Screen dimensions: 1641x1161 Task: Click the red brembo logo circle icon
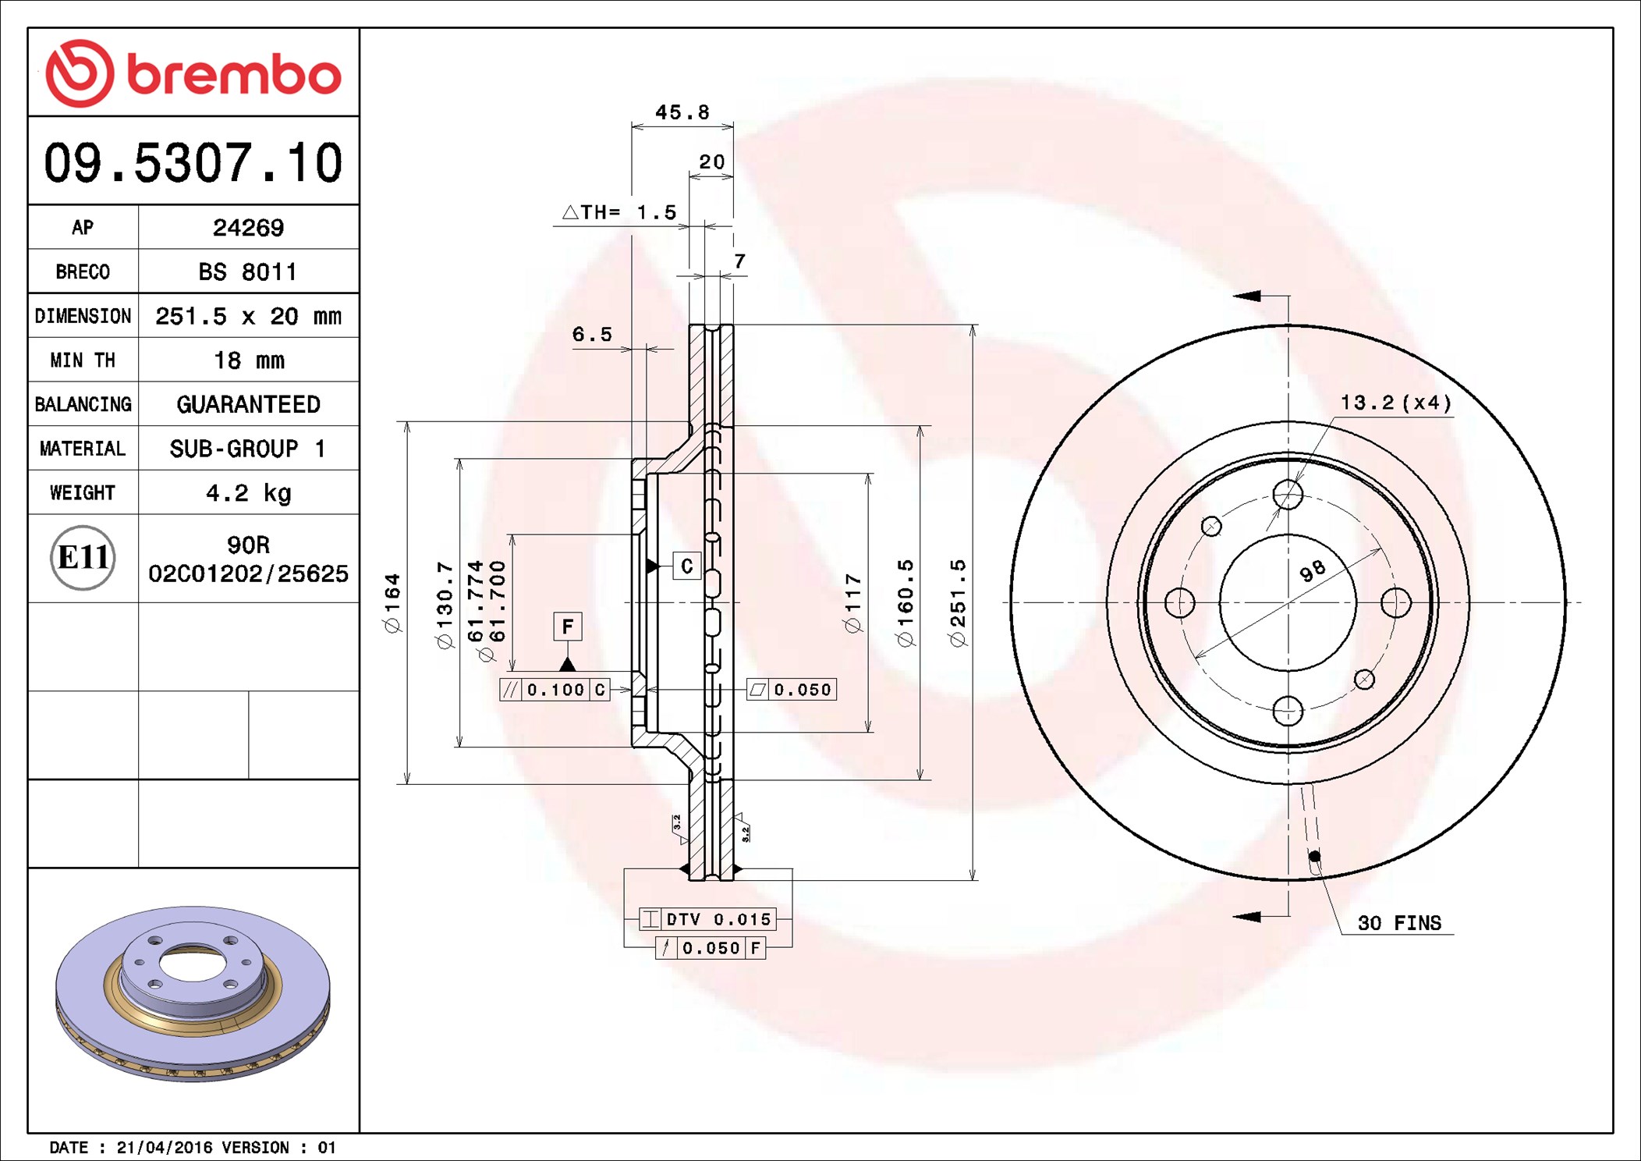click(x=80, y=73)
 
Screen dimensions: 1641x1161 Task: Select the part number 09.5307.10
click(x=193, y=163)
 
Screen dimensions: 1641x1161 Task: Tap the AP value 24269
click(x=248, y=228)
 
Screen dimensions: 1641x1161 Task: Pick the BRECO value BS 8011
click(x=248, y=272)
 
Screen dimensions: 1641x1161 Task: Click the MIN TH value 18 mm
click(x=249, y=360)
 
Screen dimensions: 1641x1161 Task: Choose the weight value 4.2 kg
click(x=249, y=493)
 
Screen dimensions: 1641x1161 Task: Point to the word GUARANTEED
click(x=248, y=404)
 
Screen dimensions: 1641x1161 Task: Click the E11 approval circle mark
click(x=83, y=558)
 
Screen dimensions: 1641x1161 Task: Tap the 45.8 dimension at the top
click(x=682, y=112)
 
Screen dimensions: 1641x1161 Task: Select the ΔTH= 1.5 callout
click(x=619, y=212)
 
